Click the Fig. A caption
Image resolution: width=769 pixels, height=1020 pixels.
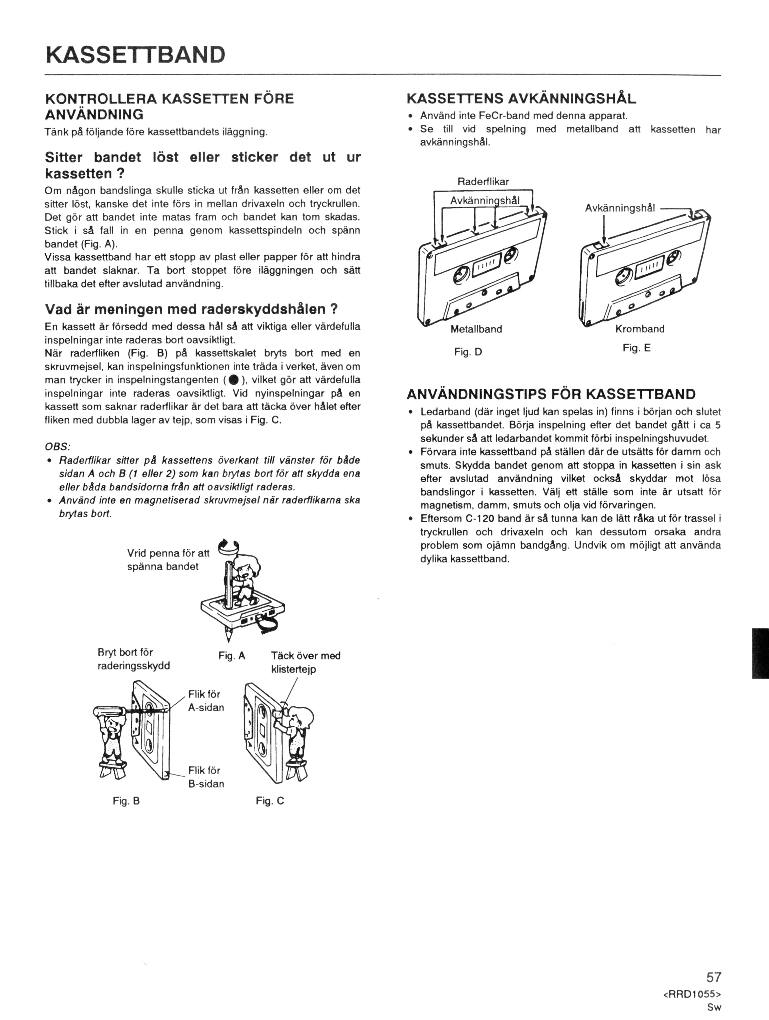[231, 656]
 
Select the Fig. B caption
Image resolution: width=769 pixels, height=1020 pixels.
[126, 801]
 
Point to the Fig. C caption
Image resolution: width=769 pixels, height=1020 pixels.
[270, 801]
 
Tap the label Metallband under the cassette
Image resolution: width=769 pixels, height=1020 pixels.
[476, 329]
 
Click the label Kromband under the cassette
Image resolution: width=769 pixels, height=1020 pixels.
[640, 329]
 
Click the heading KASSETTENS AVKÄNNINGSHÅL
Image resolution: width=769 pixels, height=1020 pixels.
[521, 98]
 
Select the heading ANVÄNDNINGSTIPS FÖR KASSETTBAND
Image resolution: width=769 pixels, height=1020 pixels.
[551, 394]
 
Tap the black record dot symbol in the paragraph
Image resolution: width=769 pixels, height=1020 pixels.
[233, 380]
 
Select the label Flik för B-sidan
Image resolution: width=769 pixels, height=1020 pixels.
[206, 777]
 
